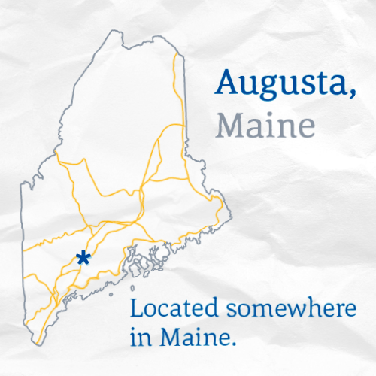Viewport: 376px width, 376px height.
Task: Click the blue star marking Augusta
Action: tap(83, 259)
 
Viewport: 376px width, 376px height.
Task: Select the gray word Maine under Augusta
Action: tap(265, 125)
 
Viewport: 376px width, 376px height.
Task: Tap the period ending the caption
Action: tap(235, 344)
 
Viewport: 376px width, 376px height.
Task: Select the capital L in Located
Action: tap(136, 308)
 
